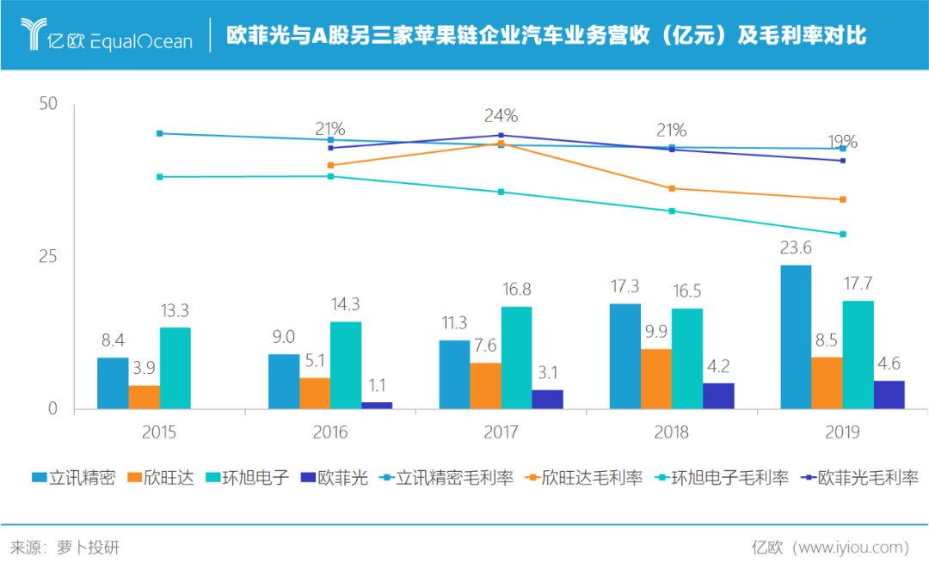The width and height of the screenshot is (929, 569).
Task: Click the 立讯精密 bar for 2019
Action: (796, 337)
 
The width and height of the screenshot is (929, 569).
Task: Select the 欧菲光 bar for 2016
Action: (377, 405)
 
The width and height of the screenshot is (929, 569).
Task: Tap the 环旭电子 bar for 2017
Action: (516, 358)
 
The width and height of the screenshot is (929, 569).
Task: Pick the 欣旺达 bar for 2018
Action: (656, 379)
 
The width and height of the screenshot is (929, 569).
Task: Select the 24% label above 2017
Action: (501, 115)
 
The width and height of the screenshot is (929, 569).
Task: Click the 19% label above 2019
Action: (842, 142)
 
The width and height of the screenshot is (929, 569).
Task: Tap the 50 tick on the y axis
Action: (48, 104)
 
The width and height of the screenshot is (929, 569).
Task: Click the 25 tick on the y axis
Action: (48, 257)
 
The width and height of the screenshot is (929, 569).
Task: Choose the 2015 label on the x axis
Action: (159, 432)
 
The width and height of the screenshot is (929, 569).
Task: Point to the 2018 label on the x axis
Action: (671, 432)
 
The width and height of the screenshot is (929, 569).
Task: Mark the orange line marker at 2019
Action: (843, 199)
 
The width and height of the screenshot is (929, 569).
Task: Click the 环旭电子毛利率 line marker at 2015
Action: (160, 177)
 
